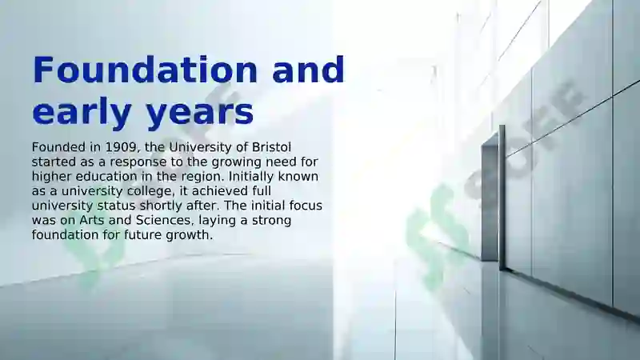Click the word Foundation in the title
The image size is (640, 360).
point(145,70)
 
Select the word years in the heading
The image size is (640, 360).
point(200,112)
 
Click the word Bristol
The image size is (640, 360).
point(271,147)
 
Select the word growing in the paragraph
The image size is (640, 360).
point(236,162)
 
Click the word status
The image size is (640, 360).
point(116,206)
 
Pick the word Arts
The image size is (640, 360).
point(92,221)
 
